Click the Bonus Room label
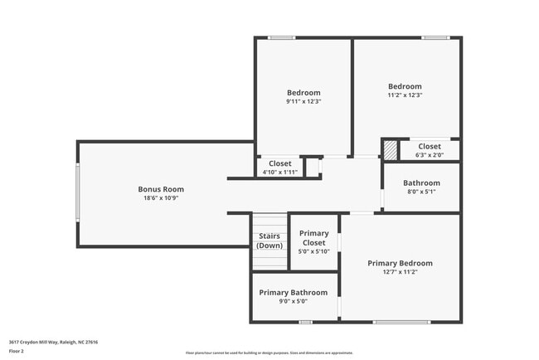pyautogui.click(x=161, y=189)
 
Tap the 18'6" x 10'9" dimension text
pyautogui.click(x=161, y=198)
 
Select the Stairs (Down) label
pyautogui.click(x=269, y=241)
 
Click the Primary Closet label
pyautogui.click(x=313, y=238)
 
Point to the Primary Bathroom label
pyautogui.click(x=293, y=292)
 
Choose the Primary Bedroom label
pyautogui.click(x=400, y=263)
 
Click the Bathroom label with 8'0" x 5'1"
pyautogui.click(x=420, y=182)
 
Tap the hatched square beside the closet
pyautogui.click(x=390, y=150)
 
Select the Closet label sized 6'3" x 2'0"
pyautogui.click(x=430, y=146)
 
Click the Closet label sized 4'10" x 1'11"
pyautogui.click(x=279, y=163)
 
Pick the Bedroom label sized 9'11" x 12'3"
pyautogui.click(x=303, y=92)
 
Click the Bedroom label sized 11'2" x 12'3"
pyautogui.click(x=405, y=86)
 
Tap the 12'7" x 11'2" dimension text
pyautogui.click(x=400, y=272)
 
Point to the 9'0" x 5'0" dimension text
pyautogui.click(x=293, y=301)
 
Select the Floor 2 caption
pyautogui.click(x=17, y=350)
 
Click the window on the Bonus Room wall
pyautogui.click(x=78, y=193)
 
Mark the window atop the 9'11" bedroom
pyautogui.click(x=282, y=37)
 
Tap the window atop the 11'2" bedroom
pyautogui.click(x=435, y=37)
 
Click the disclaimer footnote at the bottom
pyautogui.click(x=269, y=353)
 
